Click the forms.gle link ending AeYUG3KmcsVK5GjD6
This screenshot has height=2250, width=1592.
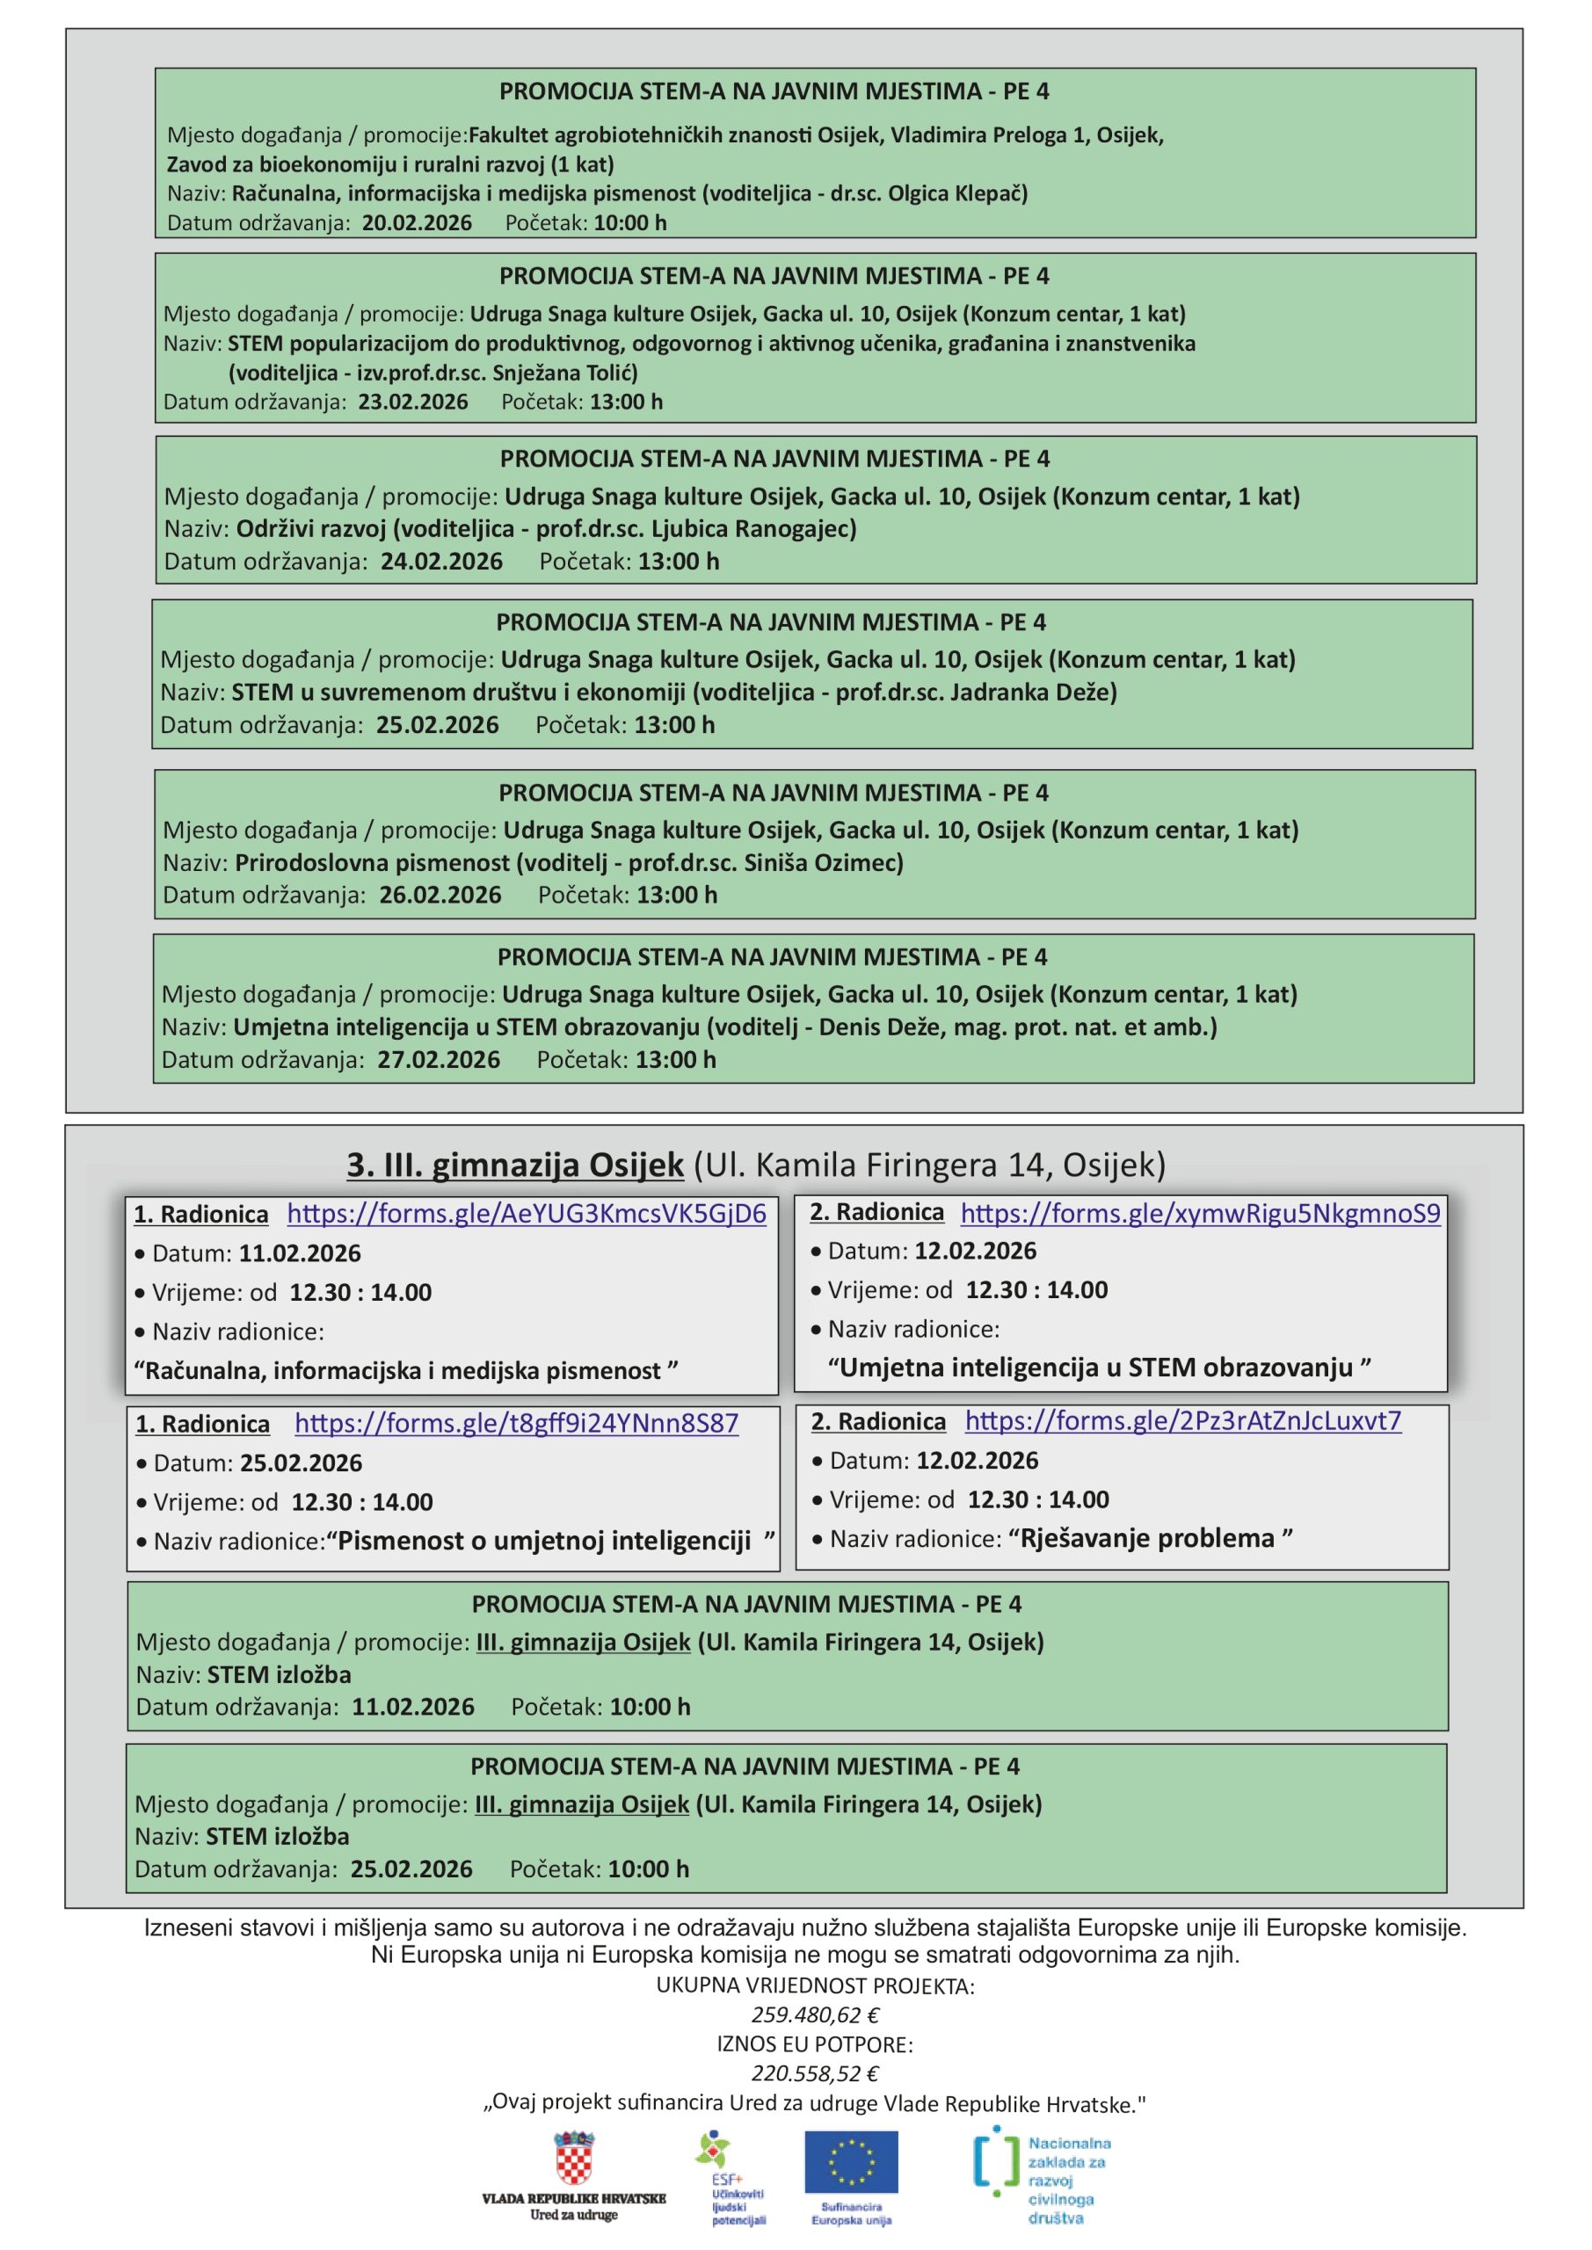pos(527,1214)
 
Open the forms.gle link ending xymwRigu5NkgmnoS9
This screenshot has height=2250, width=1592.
pos(1200,1213)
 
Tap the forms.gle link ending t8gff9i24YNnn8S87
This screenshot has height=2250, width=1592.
pos(517,1423)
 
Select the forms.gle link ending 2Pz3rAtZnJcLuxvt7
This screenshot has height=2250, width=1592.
pos(1183,1421)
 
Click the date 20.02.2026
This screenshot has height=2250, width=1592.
pos(417,222)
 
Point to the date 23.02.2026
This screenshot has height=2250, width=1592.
pos(412,402)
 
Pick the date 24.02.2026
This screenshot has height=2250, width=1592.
pos(441,562)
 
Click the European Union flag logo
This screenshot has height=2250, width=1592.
pos(851,2162)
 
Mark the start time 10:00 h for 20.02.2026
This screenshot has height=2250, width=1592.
pos(629,222)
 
